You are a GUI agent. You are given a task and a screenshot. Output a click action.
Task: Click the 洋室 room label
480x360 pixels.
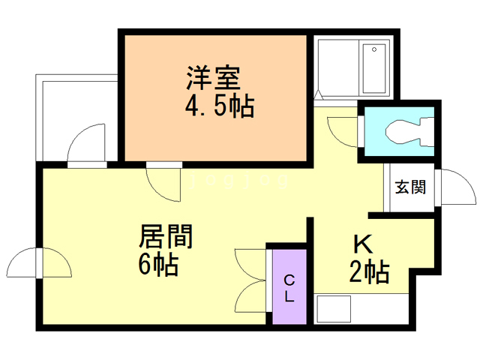pos(214,77)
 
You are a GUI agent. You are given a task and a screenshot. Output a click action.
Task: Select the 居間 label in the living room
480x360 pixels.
pos(165,238)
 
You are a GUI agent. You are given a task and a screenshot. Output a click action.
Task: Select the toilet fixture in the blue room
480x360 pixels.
pos(405,134)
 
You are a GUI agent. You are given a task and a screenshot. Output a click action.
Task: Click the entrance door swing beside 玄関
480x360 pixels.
pos(456,188)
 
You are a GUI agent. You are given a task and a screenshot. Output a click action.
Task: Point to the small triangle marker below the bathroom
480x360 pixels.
pos(317,95)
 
